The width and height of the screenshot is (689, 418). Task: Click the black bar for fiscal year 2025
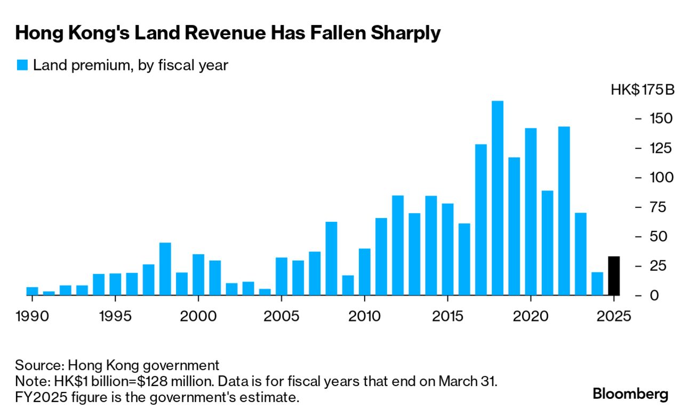(614, 276)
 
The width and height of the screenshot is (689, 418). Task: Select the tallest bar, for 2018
(498, 198)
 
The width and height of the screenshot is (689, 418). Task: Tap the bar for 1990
(32, 291)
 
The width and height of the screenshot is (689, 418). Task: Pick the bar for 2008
(331, 258)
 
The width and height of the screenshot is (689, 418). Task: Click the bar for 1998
(165, 269)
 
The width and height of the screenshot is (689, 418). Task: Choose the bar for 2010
(365, 272)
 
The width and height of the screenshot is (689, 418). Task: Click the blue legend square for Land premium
(22, 66)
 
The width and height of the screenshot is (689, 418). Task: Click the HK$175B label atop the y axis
(643, 90)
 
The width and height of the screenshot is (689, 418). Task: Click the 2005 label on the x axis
(281, 316)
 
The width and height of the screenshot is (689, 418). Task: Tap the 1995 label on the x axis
(115, 316)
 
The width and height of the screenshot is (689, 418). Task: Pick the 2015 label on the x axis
(447, 316)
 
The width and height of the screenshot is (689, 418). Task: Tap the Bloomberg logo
(630, 394)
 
